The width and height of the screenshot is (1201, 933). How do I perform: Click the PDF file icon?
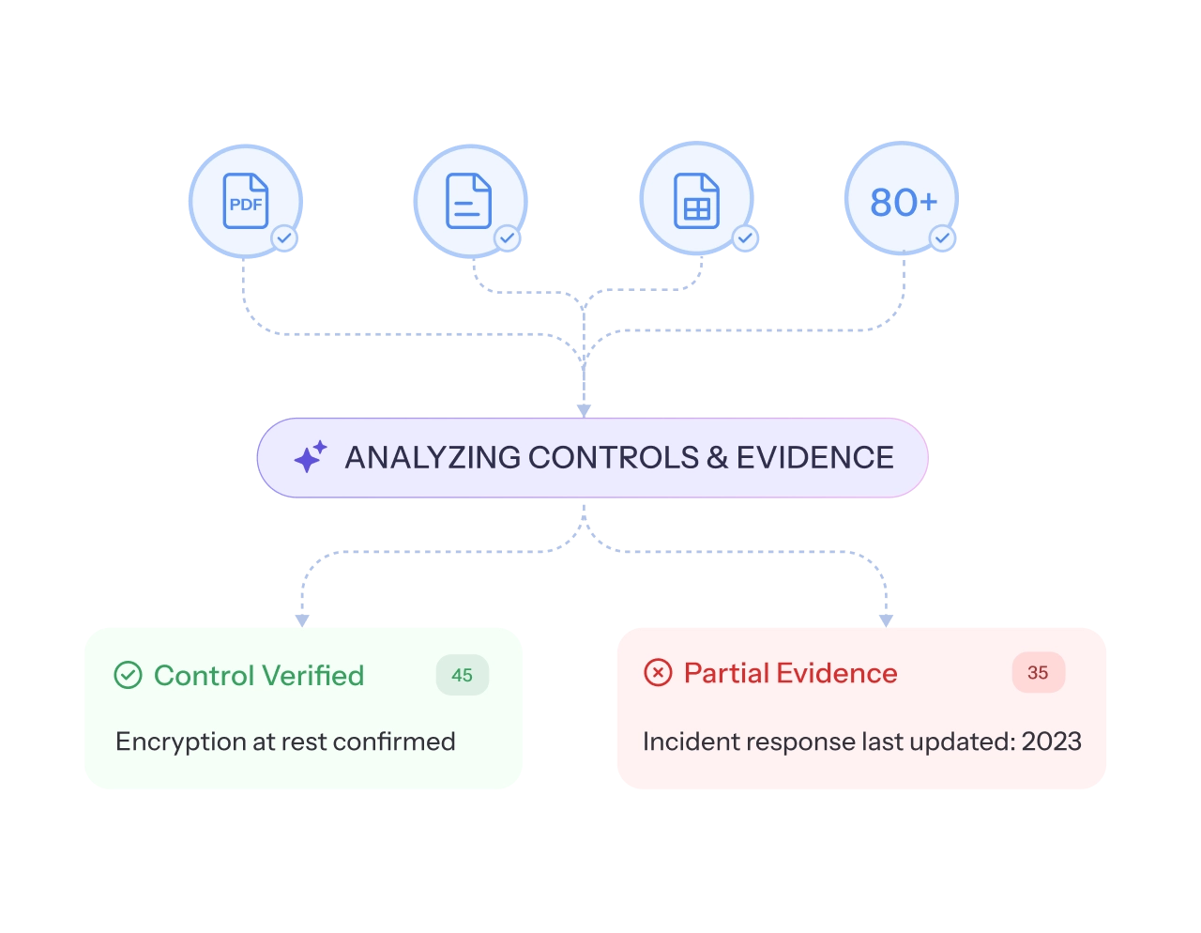click(245, 201)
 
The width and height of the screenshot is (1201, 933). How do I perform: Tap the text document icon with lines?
click(468, 201)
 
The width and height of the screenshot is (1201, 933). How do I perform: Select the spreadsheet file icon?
click(696, 201)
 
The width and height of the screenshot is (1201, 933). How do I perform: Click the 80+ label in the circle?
click(903, 202)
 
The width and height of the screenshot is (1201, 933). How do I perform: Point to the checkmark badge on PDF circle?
click(284, 238)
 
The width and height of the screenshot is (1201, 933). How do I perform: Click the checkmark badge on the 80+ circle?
click(942, 238)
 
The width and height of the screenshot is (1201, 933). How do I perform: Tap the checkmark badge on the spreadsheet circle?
click(745, 238)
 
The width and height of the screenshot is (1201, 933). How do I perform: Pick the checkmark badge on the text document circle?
click(507, 238)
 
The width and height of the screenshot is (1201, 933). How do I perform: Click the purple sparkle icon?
click(310, 457)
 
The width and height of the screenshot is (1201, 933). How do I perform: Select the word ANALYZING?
click(433, 457)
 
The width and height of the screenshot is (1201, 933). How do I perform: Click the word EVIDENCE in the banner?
click(814, 457)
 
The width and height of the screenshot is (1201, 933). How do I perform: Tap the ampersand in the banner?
click(717, 457)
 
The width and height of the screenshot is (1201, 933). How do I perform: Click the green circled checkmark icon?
click(128, 675)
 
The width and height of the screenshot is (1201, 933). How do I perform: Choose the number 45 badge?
click(462, 675)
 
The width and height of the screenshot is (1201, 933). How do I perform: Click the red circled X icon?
click(658, 672)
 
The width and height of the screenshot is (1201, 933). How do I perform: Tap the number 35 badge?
click(1038, 672)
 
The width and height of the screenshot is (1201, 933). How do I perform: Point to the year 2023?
click(1051, 742)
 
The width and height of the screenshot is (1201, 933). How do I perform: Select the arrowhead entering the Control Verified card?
click(302, 617)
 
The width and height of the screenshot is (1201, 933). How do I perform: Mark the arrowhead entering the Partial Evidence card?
click(886, 617)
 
